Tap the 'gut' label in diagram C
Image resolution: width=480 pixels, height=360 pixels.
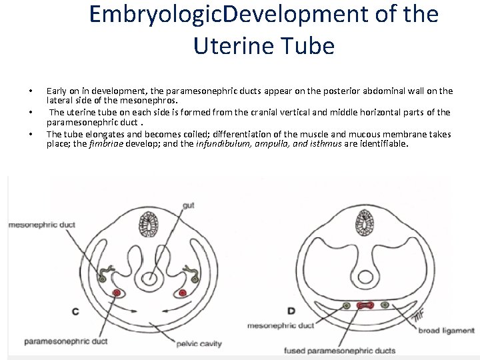click(188, 205)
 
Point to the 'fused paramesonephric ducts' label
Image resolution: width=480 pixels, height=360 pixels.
click(340, 351)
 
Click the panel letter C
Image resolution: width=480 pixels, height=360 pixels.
click(75, 311)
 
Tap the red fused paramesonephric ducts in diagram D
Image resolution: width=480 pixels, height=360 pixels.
click(364, 305)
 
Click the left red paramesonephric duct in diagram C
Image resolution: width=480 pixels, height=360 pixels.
click(117, 292)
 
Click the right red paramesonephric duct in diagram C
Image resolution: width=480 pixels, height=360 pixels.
click(183, 292)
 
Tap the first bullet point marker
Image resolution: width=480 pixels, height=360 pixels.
click(30, 91)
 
